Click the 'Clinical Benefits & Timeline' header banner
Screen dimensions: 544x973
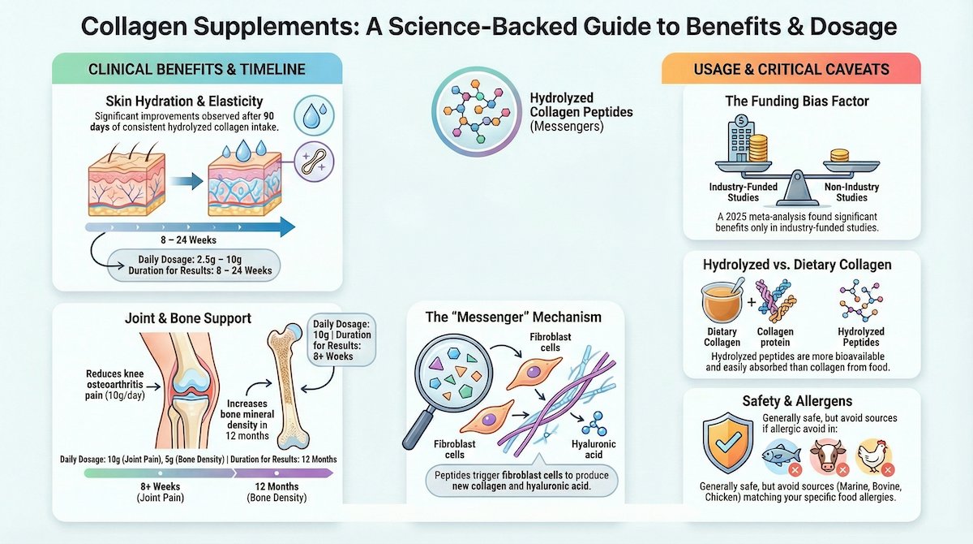[x=196, y=70]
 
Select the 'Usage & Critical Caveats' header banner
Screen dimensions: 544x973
[x=791, y=70]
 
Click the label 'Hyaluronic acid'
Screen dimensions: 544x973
[x=594, y=450]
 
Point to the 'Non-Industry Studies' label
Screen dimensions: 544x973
[x=851, y=192]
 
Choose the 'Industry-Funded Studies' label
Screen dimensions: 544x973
[x=744, y=192]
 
